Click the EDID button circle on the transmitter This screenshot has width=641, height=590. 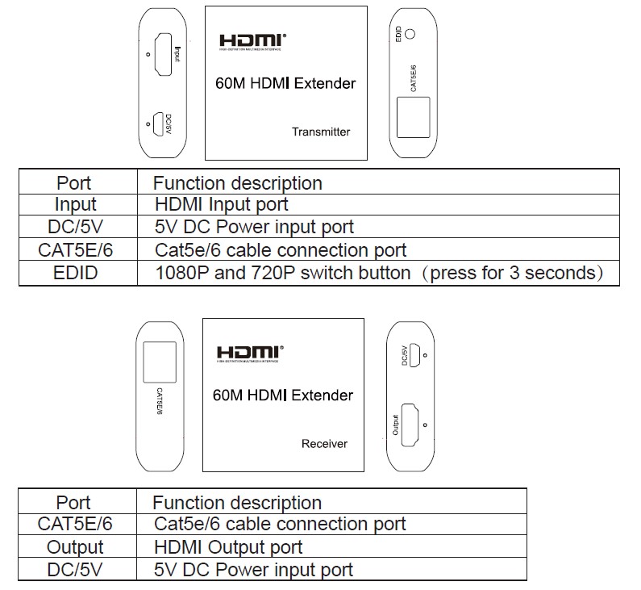pyautogui.click(x=411, y=34)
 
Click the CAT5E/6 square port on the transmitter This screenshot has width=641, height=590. pyautogui.click(x=414, y=118)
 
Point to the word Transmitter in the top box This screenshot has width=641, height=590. pyautogui.click(x=321, y=132)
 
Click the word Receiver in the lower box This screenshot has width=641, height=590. pyautogui.click(x=324, y=443)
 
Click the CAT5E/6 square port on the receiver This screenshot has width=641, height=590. pyautogui.click(x=159, y=362)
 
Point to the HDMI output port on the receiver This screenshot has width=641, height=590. pyautogui.click(x=410, y=425)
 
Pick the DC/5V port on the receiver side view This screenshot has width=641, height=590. pyautogui.click(x=414, y=354)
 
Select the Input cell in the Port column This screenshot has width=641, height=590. pyautogui.click(x=76, y=204)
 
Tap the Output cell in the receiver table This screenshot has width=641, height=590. pyautogui.click(x=75, y=547)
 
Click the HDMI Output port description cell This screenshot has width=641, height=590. pyautogui.click(x=228, y=547)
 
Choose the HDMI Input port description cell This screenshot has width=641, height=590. pyautogui.click(x=221, y=204)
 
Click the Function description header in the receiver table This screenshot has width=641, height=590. pyautogui.click(x=237, y=503)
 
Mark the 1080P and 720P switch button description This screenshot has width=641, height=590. pyautogui.click(x=379, y=273)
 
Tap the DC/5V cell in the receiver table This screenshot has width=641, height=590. pyautogui.click(x=75, y=569)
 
